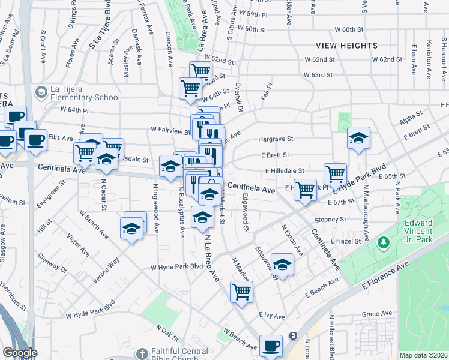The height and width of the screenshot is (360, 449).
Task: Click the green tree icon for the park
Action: [382, 242]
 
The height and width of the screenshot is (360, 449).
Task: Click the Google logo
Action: [20, 353]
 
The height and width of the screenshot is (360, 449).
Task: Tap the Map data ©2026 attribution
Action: [424, 355]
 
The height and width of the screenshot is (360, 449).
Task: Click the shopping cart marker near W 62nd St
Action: [201, 73]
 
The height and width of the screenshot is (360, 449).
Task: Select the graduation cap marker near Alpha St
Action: [358, 139]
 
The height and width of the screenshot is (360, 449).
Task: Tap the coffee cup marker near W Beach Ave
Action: [271, 346]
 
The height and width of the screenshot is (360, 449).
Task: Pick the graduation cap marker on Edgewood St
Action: [282, 265]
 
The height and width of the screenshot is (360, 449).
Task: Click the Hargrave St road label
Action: [274, 139]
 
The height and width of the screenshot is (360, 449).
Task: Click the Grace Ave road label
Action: [376, 313]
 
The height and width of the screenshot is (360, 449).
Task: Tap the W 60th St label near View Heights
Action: [349, 29]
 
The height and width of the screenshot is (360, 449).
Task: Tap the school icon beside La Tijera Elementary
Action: [41, 92]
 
